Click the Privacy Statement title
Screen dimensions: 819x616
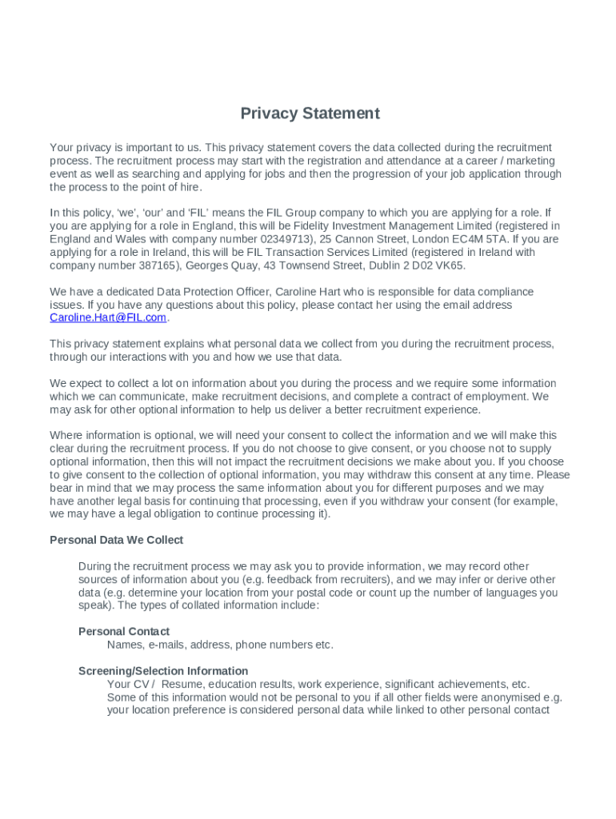(x=310, y=114)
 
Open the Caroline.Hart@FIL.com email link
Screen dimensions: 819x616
(x=108, y=318)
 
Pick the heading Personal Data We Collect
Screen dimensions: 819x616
(x=116, y=540)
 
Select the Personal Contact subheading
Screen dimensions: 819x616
(x=124, y=631)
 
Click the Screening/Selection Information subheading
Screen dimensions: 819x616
(x=163, y=671)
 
